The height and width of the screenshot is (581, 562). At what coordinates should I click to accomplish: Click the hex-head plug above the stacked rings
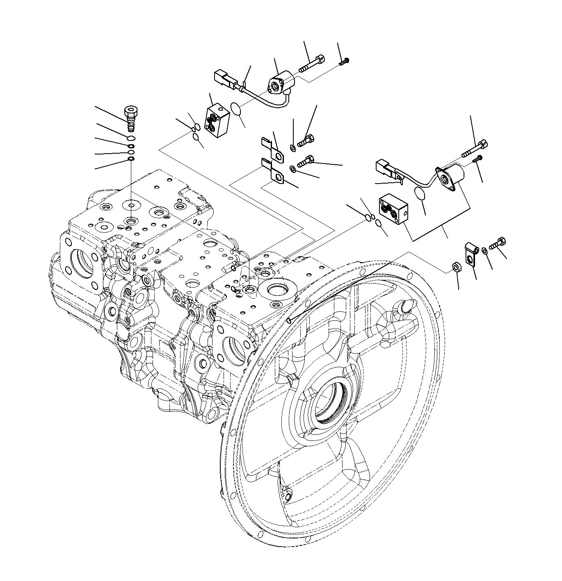(130, 115)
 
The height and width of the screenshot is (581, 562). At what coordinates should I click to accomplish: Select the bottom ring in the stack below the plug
(130, 159)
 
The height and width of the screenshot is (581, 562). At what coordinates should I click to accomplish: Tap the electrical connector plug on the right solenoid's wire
(386, 168)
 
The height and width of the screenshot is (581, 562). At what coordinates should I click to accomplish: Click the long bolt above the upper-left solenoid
(312, 64)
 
